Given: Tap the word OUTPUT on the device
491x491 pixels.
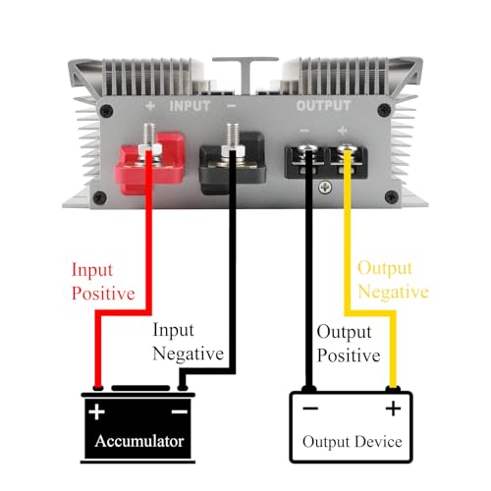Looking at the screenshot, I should click(x=325, y=104).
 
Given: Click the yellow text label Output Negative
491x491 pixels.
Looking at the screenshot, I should click(x=392, y=279).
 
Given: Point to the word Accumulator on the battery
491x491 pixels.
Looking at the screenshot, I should click(x=138, y=441).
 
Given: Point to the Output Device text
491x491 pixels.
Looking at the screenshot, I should click(x=351, y=441).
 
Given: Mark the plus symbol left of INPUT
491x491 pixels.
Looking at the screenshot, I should click(x=150, y=104).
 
